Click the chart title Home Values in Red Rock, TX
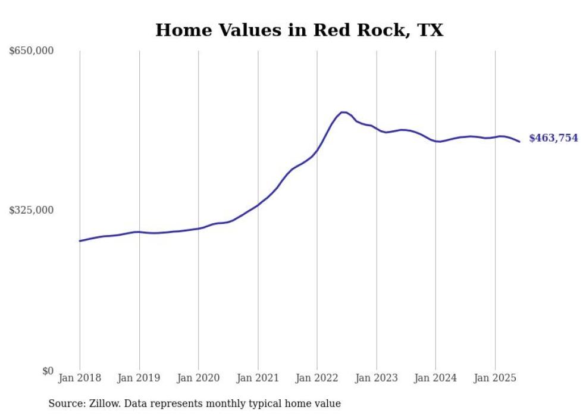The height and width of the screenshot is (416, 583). pos(299,30)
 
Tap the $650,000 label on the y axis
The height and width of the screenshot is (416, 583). pos(32,51)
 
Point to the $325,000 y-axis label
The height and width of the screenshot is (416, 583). pos(32,210)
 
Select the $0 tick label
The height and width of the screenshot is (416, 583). pos(48,371)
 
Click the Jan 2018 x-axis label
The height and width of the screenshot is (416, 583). pos(80,378)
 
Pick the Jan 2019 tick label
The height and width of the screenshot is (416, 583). pos(139,378)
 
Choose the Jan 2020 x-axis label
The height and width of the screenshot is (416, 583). pos(198,378)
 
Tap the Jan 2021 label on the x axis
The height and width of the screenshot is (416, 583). pos(258,378)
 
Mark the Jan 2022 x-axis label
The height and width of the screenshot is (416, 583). pos(317,378)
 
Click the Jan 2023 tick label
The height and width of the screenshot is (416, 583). pos(376,378)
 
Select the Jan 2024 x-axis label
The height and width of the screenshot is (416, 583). pos(435,378)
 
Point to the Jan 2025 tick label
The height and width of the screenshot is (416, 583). pos(495,378)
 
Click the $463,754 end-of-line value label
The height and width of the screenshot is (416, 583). pos(553,138)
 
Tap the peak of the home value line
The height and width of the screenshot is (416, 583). pos(343,112)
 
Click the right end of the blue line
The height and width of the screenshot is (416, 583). pos(519,142)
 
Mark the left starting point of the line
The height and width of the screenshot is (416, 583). pos(80,241)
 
